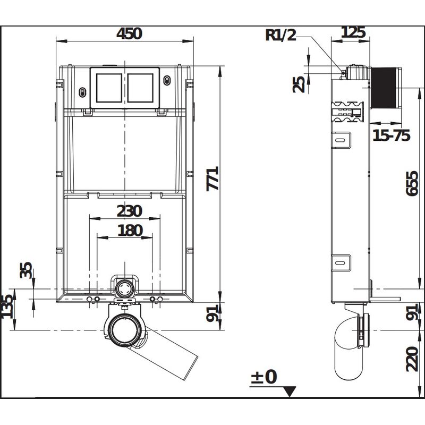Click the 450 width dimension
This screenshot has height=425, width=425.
(x=129, y=33)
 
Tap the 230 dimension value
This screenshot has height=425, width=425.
(x=129, y=211)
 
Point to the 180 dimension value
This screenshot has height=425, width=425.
(x=129, y=230)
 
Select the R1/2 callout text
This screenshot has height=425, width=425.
(x=281, y=35)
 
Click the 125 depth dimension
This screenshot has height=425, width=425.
(x=353, y=32)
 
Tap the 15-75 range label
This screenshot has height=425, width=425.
(x=390, y=135)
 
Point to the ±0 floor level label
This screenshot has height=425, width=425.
(x=263, y=377)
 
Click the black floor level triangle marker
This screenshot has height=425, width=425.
(x=290, y=392)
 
